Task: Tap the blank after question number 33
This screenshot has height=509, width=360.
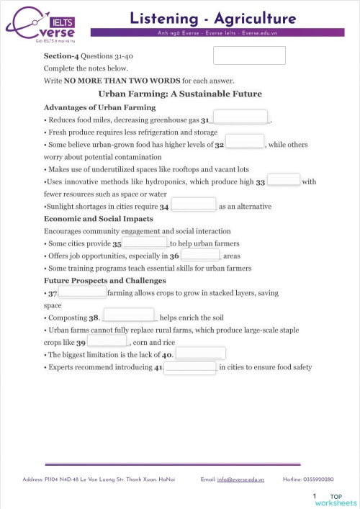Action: pyautogui.click(x=284, y=181)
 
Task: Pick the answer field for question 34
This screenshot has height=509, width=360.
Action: pyautogui.click(x=194, y=204)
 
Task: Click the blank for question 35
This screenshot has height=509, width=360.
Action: pyautogui.click(x=145, y=243)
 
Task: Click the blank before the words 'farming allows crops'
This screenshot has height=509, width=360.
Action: pyautogui.click(x=82, y=292)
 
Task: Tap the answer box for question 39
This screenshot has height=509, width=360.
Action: pyautogui.click(x=107, y=341)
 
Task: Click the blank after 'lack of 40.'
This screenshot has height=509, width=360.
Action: pyautogui.click(x=201, y=353)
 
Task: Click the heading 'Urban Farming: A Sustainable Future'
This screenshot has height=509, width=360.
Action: pyautogui.click(x=179, y=94)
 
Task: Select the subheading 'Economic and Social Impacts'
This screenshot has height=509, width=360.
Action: pyautogui.click(x=98, y=218)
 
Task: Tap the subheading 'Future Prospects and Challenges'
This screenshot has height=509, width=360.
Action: pyautogui.click(x=105, y=280)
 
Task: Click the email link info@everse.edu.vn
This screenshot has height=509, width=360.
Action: pyautogui.click(x=241, y=479)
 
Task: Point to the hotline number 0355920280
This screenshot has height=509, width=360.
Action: pyautogui.click(x=318, y=479)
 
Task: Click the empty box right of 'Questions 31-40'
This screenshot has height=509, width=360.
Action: pyautogui.click(x=249, y=55)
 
